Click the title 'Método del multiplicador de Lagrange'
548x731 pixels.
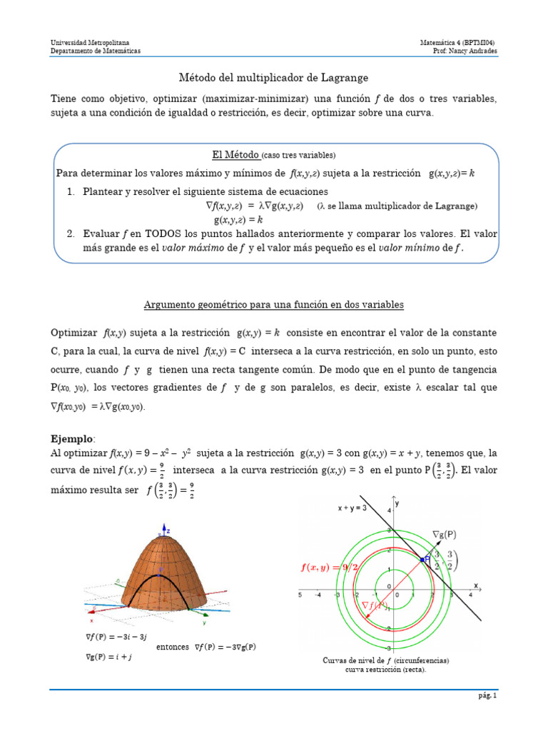pyautogui.click(x=273, y=77)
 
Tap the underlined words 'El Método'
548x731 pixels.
pyautogui.click(x=235, y=154)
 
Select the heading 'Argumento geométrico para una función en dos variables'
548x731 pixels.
pyautogui.click(x=273, y=305)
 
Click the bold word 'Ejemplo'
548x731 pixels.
pyautogui.click(x=72, y=438)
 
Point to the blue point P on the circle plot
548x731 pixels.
pyautogui.click(x=427, y=560)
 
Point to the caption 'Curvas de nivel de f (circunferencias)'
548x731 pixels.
pyautogui.click(x=386, y=660)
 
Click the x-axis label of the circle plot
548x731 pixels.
pyautogui.click(x=475, y=584)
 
